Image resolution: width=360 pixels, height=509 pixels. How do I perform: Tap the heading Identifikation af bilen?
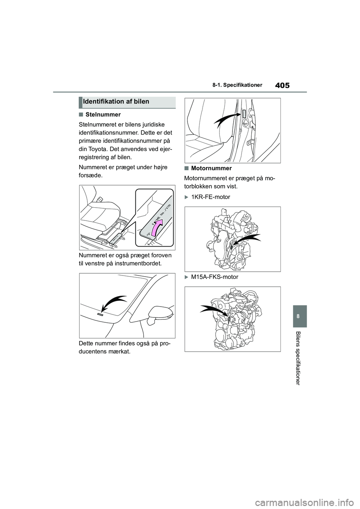pyautogui.click(x=116, y=102)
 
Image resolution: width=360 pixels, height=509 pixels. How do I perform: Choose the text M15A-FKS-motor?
pyautogui.click(x=214, y=277)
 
